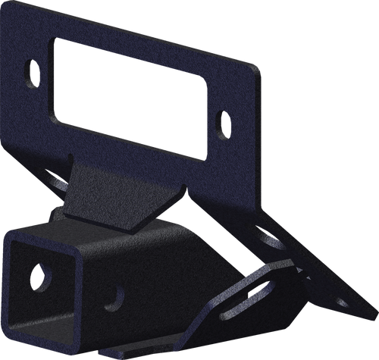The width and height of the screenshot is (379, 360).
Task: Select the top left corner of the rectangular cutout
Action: point(52,39)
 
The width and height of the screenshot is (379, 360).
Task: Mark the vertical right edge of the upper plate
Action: point(255,129)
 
